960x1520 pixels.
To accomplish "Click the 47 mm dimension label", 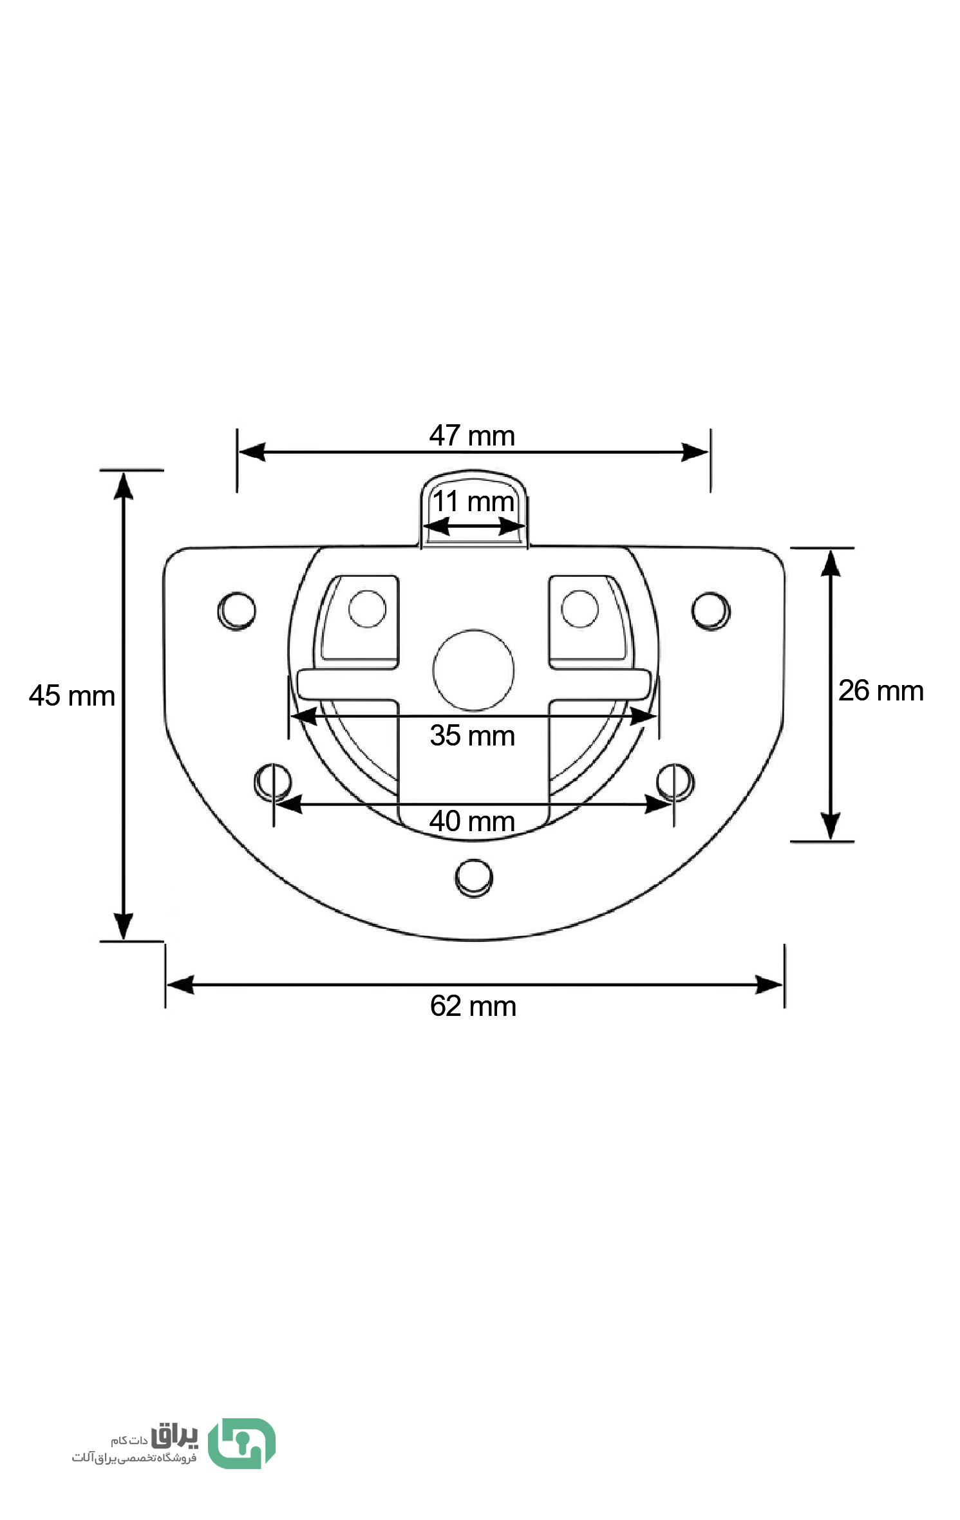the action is [472, 436].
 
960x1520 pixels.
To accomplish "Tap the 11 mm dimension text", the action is [473, 502].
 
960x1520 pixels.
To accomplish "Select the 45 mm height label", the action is [71, 696].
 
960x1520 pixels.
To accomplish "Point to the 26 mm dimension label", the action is [881, 691].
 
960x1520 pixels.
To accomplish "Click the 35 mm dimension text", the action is [473, 735].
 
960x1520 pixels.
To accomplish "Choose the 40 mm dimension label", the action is [472, 821].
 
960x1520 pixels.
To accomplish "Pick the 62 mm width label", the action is [473, 1006].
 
